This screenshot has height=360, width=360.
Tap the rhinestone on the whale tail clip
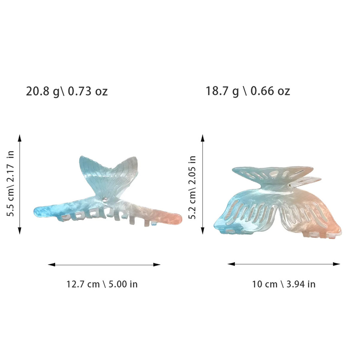[105, 199]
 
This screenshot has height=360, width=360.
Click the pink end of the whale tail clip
[170, 217]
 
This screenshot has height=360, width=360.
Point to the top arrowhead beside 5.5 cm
[20, 138]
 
